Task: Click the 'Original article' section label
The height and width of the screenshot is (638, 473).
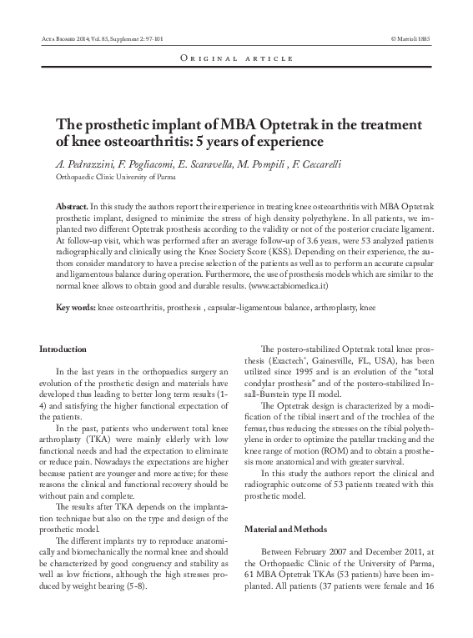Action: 236,59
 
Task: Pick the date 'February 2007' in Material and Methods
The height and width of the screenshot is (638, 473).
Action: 322,553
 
